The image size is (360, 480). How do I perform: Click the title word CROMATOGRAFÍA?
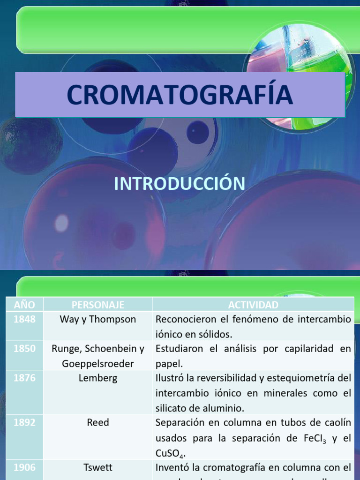(x=180, y=94)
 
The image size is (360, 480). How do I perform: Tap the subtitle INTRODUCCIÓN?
(x=180, y=184)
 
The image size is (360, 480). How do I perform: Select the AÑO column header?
(x=24, y=305)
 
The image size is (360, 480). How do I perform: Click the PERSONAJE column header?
(x=98, y=305)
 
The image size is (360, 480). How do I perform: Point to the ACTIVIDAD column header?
(x=253, y=305)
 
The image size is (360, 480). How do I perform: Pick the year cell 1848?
(x=24, y=319)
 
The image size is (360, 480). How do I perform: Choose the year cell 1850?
(x=24, y=349)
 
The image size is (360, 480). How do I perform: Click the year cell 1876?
(x=24, y=378)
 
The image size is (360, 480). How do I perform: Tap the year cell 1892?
(x=24, y=422)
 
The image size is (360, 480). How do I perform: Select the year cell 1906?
(x=24, y=467)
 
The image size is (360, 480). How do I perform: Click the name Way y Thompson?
(x=98, y=319)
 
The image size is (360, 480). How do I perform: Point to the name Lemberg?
(x=98, y=378)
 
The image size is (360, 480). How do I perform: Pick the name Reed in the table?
(x=98, y=422)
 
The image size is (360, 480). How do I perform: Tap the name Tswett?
(x=98, y=467)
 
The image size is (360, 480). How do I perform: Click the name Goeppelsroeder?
(x=98, y=364)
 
